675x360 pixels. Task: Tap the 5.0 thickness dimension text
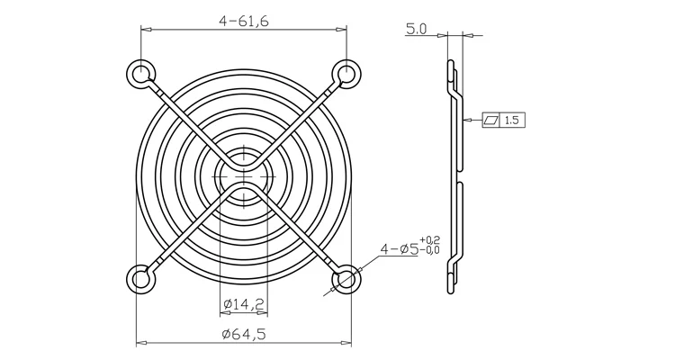417,30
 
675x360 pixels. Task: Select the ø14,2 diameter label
244,304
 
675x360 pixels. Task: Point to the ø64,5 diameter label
244,334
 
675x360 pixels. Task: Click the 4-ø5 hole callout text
399,249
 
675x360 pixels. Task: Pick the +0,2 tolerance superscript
430,239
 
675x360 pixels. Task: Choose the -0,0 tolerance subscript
430,249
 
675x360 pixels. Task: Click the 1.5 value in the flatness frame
512,120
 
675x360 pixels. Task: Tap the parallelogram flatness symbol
491,120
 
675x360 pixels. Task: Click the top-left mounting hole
140,73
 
